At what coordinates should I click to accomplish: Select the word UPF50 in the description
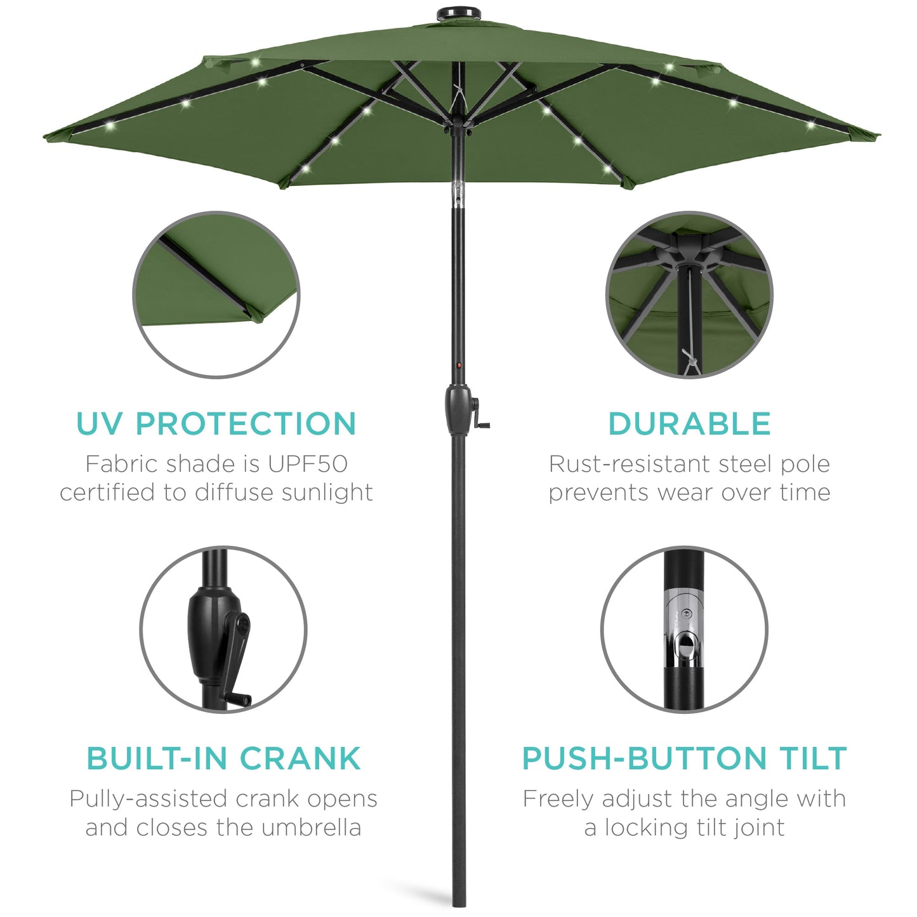click(307, 464)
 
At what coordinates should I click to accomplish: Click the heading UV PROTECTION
click(216, 424)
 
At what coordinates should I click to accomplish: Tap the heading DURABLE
click(689, 424)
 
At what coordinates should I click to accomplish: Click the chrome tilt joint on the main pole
click(458, 194)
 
